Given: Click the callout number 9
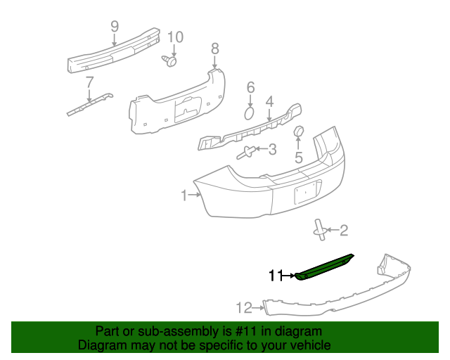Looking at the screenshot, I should [114, 27].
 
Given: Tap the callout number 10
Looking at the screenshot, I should [174, 37].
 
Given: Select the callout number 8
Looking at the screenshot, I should [215, 49].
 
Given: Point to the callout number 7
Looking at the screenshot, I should [89, 82].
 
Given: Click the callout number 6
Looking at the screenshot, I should [250, 88].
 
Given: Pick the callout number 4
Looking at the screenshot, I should [269, 103].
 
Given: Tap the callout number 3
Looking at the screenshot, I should [272, 149].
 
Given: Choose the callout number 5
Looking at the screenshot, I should [298, 157].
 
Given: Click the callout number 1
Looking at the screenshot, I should [184, 195].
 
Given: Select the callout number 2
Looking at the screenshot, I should [343, 229].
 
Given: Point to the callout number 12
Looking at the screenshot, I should [243, 307].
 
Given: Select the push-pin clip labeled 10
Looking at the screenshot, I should [169, 62].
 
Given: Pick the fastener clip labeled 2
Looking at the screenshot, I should [320, 229].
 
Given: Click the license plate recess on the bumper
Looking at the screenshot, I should [307, 191].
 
